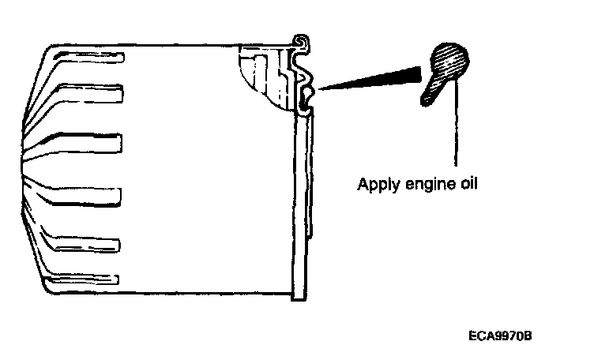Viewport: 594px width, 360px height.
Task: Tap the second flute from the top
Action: [x=95, y=92]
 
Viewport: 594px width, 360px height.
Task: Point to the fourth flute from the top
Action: [x=95, y=194]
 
